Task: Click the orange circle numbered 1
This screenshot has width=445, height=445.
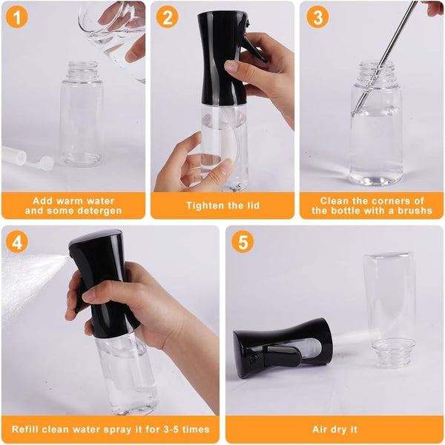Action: click(x=17, y=17)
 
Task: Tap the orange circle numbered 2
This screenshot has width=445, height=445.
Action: click(x=167, y=17)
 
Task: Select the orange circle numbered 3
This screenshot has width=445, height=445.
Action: click(x=317, y=17)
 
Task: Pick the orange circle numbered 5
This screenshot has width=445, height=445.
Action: click(x=243, y=242)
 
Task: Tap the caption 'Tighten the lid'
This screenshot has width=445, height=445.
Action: click(x=223, y=205)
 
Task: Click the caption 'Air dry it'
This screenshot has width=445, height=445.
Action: click(x=335, y=429)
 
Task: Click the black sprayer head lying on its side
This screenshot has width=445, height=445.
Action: click(x=282, y=347)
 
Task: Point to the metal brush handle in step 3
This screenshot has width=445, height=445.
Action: click(x=385, y=56)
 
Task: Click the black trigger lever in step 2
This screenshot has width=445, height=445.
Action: click(x=254, y=47)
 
